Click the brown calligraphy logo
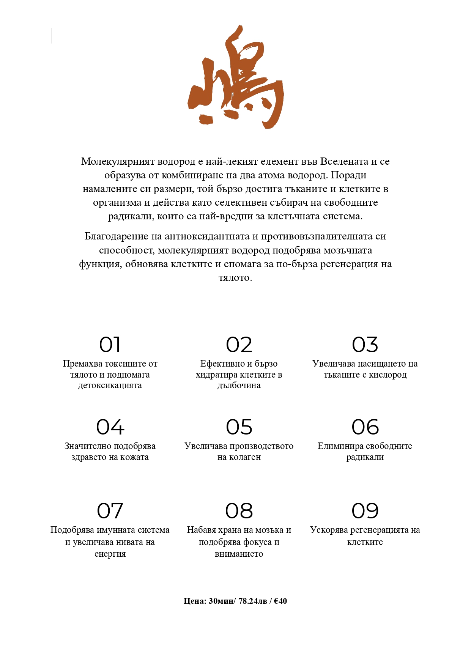pos(236,78)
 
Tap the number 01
pos(110,345)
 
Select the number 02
pos(239,345)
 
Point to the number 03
pos(365,345)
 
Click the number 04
pos(110,427)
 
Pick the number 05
pos(239,427)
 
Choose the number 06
pos(365,427)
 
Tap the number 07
pos(110,511)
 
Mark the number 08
pos(239,511)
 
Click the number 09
pos(365,511)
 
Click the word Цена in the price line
pos(195,601)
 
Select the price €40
pos(280,601)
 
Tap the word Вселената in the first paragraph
pos(344,162)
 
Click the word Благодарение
pos(116,236)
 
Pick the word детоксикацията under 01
pos(110,386)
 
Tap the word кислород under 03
pos(388,375)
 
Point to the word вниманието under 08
pos(239,554)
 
